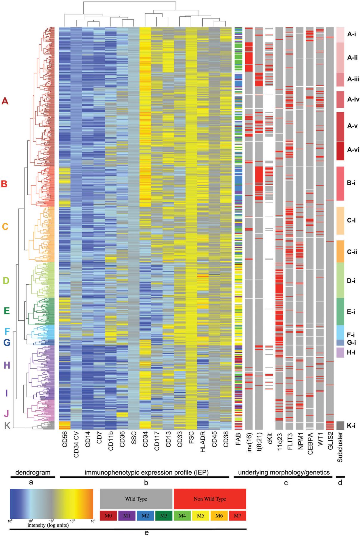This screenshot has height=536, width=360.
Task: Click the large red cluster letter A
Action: click(5, 101)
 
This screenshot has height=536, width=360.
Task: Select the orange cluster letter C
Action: click(5, 227)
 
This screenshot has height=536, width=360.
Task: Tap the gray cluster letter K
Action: click(7, 426)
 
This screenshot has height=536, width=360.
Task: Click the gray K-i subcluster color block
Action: click(340, 426)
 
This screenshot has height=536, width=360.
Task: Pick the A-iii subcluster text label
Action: click(353, 79)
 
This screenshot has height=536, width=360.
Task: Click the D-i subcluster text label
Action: click(351, 281)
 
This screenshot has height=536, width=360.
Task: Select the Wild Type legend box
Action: click(136, 499)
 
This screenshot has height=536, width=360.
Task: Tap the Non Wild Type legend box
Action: click(210, 499)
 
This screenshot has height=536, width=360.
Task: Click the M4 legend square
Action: click(182, 516)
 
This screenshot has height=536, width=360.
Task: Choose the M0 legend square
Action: click(108, 516)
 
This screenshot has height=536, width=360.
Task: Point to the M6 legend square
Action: click(219, 516)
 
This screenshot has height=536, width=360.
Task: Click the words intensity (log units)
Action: click(48, 525)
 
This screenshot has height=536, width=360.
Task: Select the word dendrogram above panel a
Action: click(33, 472)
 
